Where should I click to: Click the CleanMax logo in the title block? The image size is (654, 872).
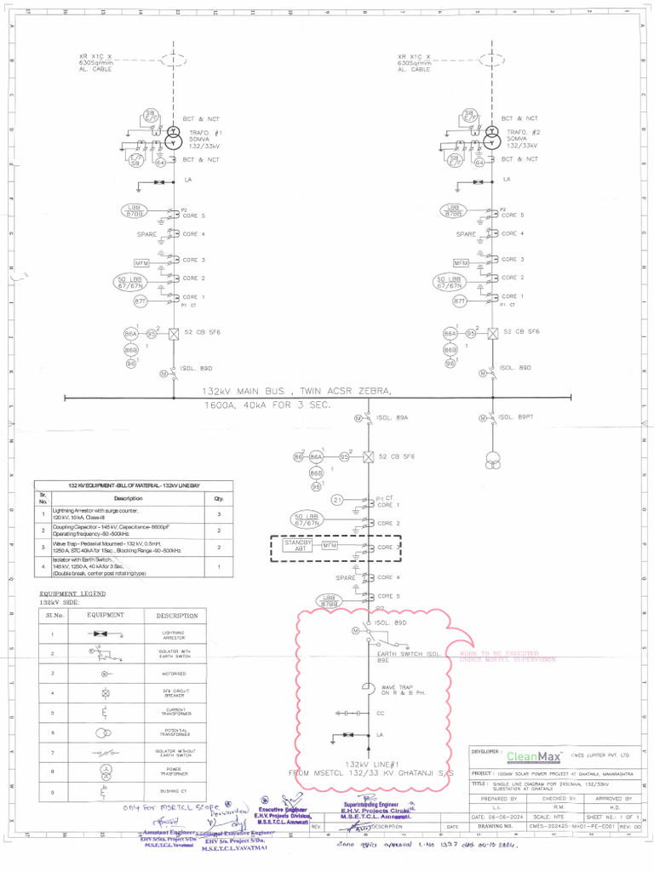pyautogui.click(x=534, y=756)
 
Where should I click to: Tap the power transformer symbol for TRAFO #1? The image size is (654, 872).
pyautogui.click(x=174, y=137)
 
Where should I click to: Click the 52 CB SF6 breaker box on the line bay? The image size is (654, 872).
pyautogui.click(x=368, y=457)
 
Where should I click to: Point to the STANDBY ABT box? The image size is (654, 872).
pyautogui.click(x=299, y=545)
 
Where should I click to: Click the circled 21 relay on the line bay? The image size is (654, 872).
pyautogui.click(x=337, y=500)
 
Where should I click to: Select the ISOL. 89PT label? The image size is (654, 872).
pyautogui.click(x=514, y=417)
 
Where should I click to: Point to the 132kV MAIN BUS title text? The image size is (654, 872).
pyautogui.click(x=298, y=391)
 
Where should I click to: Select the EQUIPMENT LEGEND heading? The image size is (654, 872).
pyautogui.click(x=73, y=594)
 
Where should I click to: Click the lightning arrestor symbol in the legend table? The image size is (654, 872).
pyautogui.click(x=105, y=634)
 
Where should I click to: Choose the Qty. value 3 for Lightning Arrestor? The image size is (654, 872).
pyautogui.click(x=219, y=514)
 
